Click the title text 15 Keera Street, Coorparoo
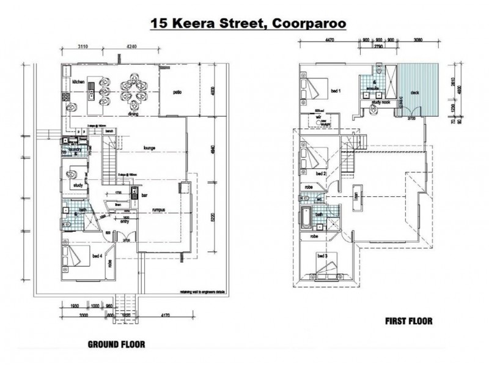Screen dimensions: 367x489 (x=249, y=24)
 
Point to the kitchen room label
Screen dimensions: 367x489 (x=78, y=82)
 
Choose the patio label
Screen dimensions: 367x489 (x=177, y=93)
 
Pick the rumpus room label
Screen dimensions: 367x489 (x=161, y=209)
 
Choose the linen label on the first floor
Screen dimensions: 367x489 (x=358, y=199)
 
